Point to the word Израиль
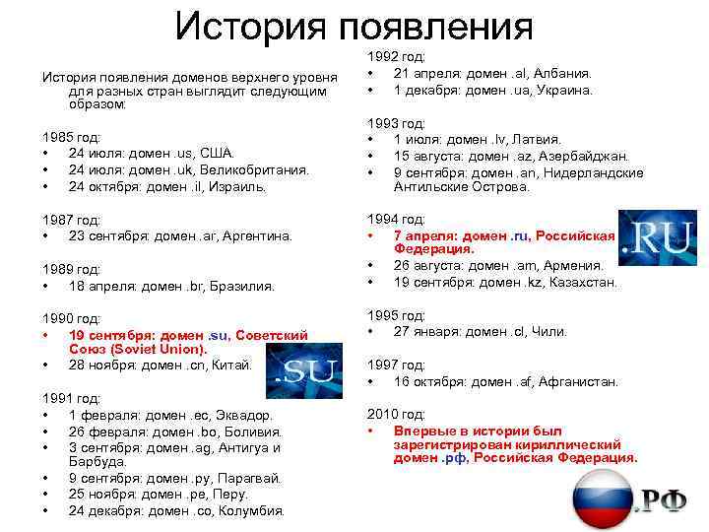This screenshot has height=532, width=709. [237, 185]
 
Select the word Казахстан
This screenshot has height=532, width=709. [584, 282]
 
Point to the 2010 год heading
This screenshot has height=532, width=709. [396, 415]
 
